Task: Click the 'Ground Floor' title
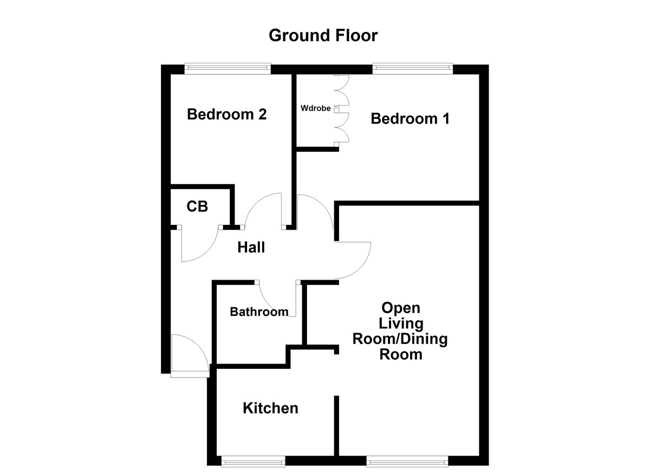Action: click(x=323, y=36)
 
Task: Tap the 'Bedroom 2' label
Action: click(x=227, y=114)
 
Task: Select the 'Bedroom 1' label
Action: click(x=410, y=119)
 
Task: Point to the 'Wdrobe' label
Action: click(x=316, y=108)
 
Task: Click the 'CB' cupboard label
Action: click(x=197, y=206)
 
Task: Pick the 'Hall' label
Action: click(x=251, y=248)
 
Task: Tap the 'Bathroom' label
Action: click(x=259, y=312)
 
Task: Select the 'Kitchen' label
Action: click(x=270, y=408)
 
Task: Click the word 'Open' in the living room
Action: click(x=401, y=308)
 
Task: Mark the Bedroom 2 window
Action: click(x=227, y=68)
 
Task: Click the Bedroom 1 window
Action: click(x=412, y=68)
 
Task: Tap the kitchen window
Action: click(x=253, y=461)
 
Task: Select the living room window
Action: click(x=407, y=461)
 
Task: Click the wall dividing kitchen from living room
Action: click(x=336, y=425)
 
